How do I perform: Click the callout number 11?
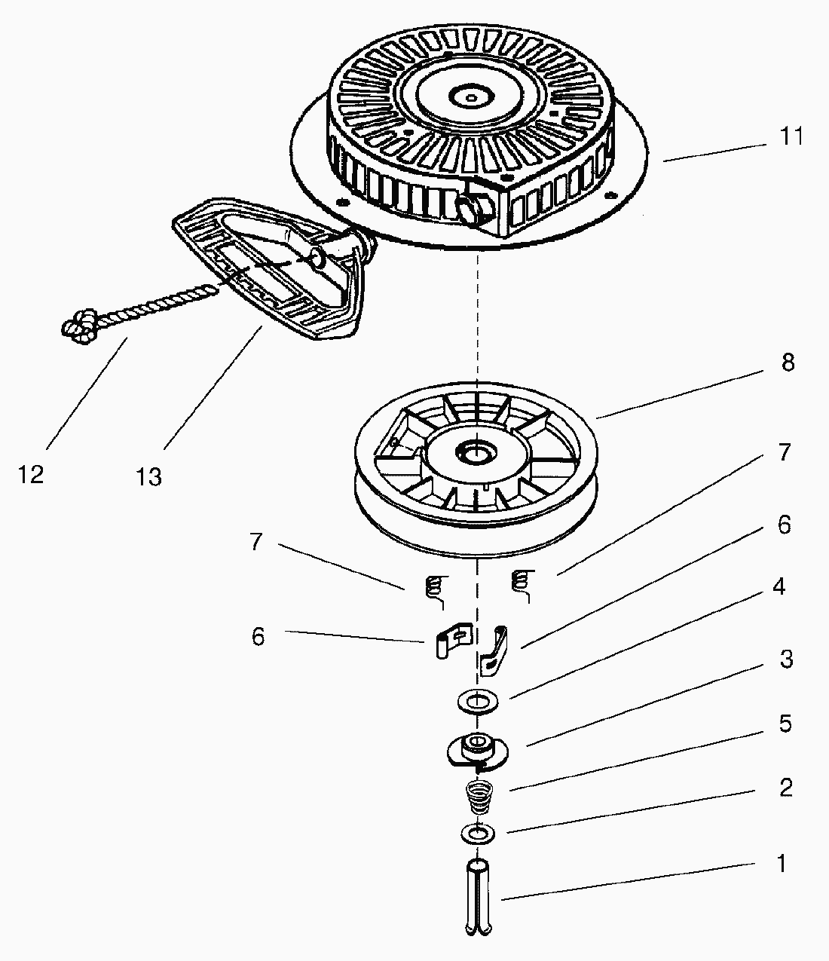pyautogui.click(x=791, y=136)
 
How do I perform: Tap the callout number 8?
pyautogui.click(x=788, y=363)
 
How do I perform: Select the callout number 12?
pyautogui.click(x=31, y=474)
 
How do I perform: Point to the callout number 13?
pyautogui.click(x=148, y=477)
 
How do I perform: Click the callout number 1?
pyautogui.click(x=782, y=863)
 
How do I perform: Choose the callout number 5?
pyautogui.click(x=785, y=724)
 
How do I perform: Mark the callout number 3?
pyautogui.click(x=786, y=659)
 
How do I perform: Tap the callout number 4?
pyautogui.click(x=779, y=586)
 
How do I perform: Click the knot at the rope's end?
pyautogui.click(x=78, y=326)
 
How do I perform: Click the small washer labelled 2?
pyautogui.click(x=478, y=834)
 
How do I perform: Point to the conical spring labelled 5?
pyautogui.click(x=479, y=797)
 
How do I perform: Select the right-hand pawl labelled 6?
pyautogui.click(x=494, y=650)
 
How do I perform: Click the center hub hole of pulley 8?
pyautogui.click(x=476, y=452)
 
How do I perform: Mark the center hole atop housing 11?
pyautogui.click(x=471, y=98)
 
